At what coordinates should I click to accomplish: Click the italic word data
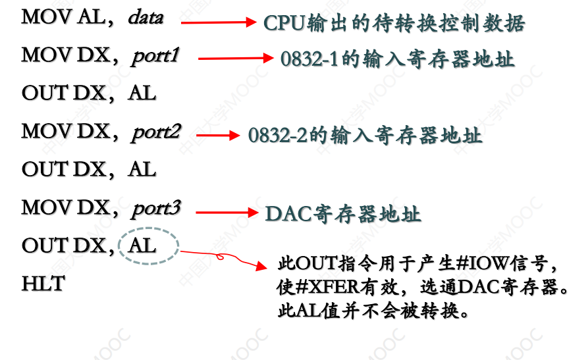[146, 17]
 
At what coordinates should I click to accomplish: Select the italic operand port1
[155, 55]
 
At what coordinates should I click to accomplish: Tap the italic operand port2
[156, 132]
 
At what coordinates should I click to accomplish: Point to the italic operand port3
[156, 208]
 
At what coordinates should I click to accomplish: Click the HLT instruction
[43, 284]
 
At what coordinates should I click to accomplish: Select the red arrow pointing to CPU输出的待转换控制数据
[217, 22]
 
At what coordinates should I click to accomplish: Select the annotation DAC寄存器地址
[342, 214]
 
